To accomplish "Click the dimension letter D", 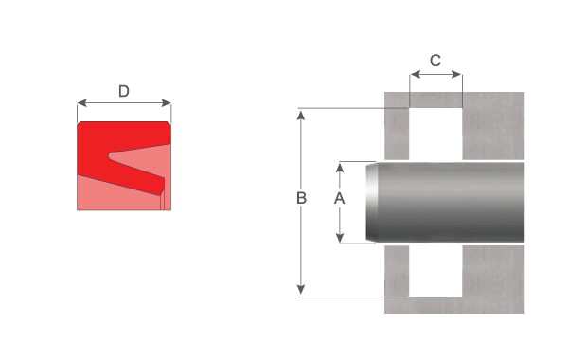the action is coord(124,91).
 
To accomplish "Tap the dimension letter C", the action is coord(435,61).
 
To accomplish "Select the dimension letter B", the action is coord(301,198).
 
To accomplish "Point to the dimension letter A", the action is coord(340,198).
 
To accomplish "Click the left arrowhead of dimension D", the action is coord(81,103).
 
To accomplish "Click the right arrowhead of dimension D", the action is coord(167,103).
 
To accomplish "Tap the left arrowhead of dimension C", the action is coord(415,75).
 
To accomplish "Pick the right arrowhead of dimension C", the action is coord(457,75).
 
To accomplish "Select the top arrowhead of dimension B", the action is coord(301,116).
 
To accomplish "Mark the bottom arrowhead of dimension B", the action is coord(301,289).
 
